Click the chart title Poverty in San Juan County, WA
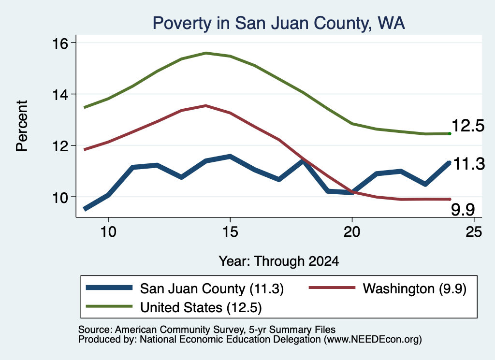278,23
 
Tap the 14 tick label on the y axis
59,95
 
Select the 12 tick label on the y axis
59,146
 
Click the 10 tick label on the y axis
59,198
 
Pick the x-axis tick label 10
108,232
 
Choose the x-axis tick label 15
230,232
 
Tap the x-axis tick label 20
352,232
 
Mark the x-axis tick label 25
474,232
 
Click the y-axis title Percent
22,126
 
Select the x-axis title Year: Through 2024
279,261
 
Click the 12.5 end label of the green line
468,126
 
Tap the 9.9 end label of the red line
463,210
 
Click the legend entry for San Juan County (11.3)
185,288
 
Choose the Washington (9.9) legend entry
388,288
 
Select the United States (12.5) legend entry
174,307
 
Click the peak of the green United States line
206,53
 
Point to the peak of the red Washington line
206,106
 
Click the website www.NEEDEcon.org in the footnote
373,340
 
